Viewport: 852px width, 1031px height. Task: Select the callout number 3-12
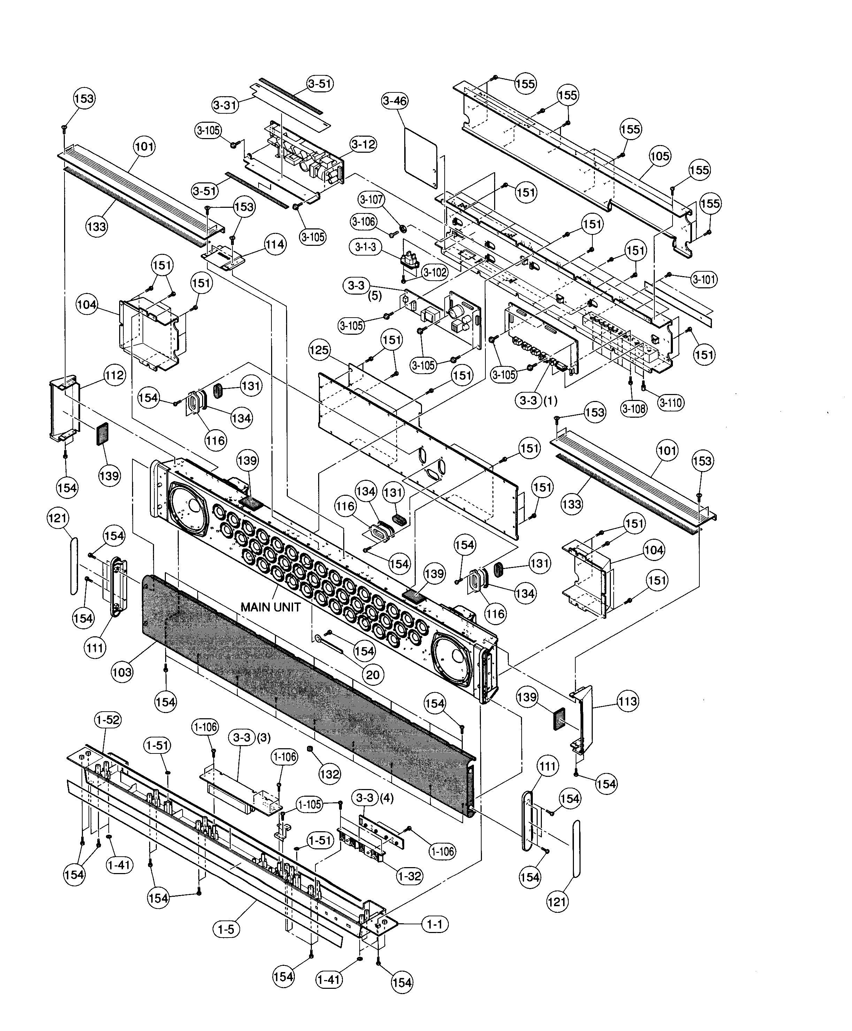(x=363, y=144)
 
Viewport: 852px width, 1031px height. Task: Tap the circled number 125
(x=320, y=350)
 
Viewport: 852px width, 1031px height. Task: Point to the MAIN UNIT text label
(x=270, y=607)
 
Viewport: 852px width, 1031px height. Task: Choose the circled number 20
(x=373, y=675)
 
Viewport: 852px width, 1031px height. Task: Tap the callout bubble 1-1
(x=435, y=924)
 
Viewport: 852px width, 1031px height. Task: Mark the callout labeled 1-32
(x=410, y=876)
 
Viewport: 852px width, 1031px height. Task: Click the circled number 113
(x=628, y=701)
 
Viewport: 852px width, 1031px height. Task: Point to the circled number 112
(x=114, y=375)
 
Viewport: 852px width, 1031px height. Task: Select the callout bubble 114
(x=275, y=244)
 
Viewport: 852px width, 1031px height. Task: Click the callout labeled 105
(x=660, y=156)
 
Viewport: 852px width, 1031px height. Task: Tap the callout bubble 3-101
(x=704, y=280)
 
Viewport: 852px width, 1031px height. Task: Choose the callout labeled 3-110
(x=671, y=403)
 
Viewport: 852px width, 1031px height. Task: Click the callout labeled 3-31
(x=225, y=105)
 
